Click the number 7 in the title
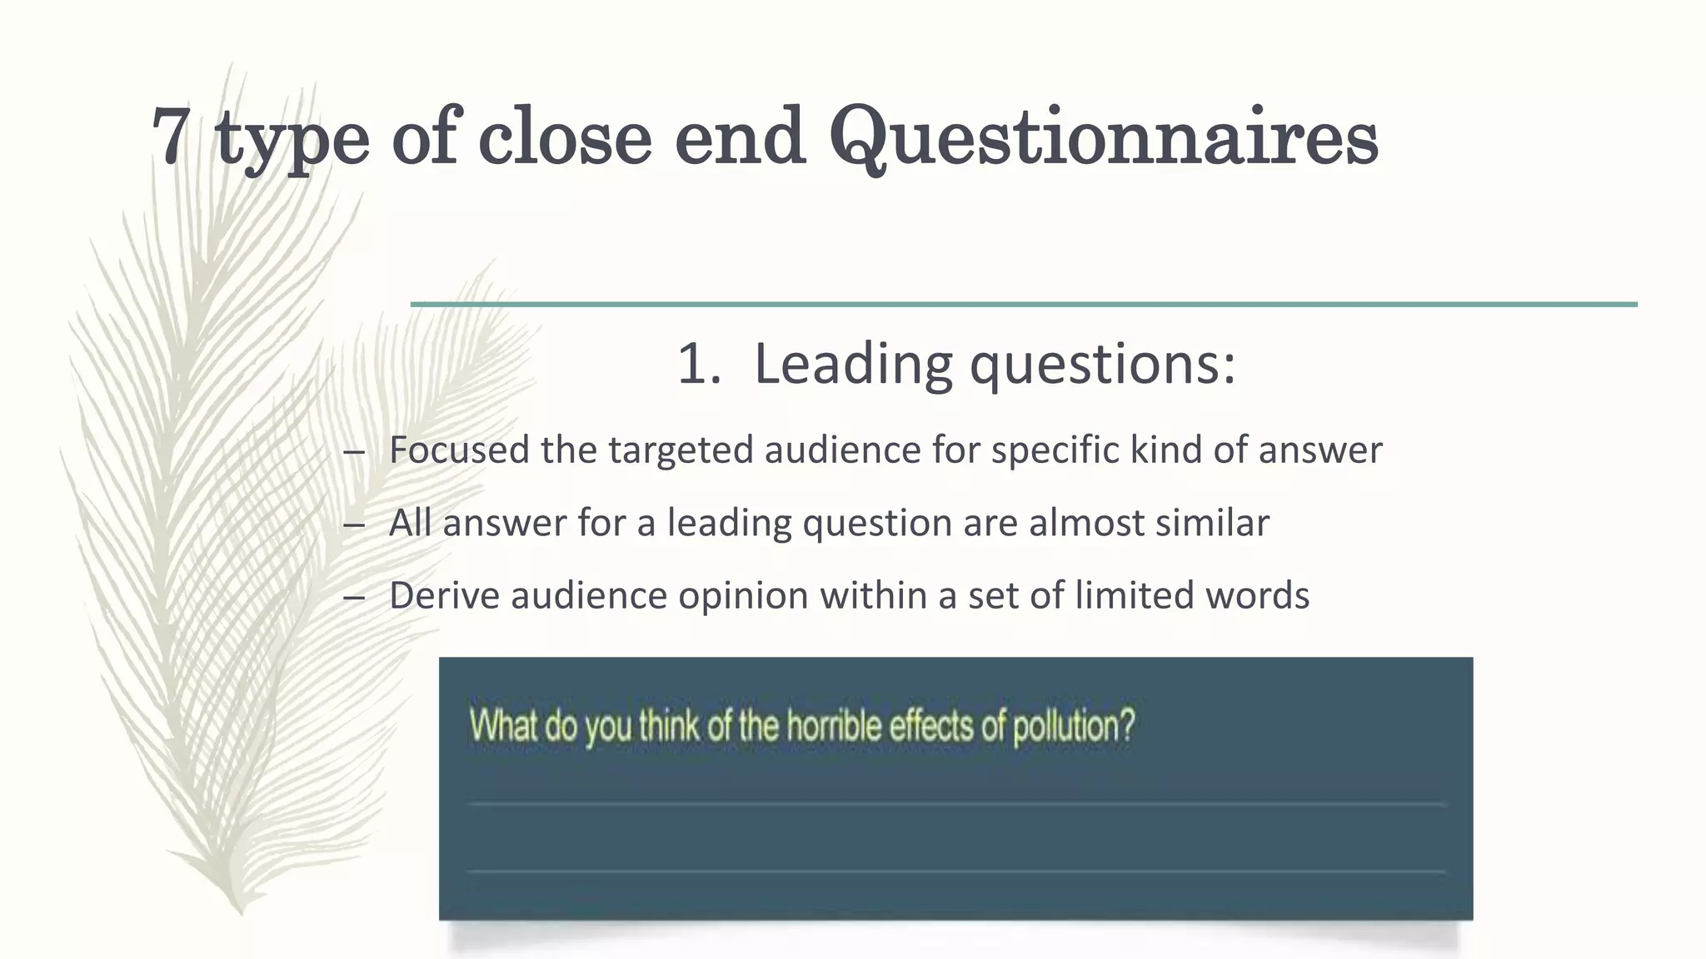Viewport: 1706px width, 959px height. click(x=170, y=136)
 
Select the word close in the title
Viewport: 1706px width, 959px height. click(x=565, y=136)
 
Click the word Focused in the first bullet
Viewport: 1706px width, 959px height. click(x=459, y=450)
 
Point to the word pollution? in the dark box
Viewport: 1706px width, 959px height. click(x=1074, y=726)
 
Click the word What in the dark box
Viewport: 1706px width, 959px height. click(x=503, y=726)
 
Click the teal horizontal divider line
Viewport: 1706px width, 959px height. click(x=1024, y=305)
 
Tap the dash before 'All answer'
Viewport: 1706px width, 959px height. click(x=354, y=524)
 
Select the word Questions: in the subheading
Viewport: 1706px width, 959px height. click(x=1103, y=365)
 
